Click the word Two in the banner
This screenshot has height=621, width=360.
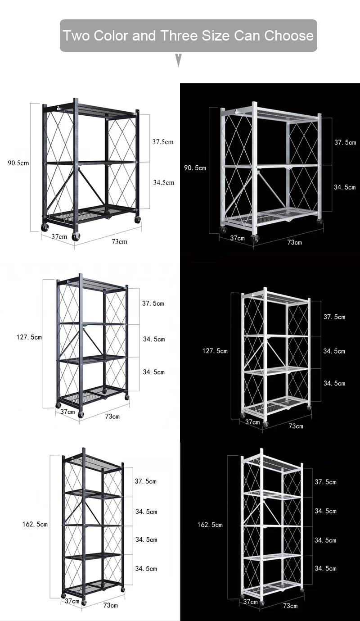(76, 36)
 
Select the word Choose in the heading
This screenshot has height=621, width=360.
(288, 36)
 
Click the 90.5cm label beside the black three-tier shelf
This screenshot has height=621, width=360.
(18, 163)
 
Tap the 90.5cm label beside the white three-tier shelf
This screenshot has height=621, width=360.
(195, 168)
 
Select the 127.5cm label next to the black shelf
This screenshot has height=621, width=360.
(29, 337)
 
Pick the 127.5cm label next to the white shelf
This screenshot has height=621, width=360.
(215, 351)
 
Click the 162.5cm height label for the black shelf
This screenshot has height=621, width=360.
(35, 524)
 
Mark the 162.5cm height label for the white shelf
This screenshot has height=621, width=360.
(210, 525)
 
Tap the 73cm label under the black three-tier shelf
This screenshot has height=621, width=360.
(119, 241)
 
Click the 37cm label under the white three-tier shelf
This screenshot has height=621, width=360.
(237, 238)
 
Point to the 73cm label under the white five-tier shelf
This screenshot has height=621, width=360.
(290, 606)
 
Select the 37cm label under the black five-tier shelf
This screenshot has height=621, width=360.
(72, 601)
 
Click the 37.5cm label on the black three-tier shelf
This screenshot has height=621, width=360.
(162, 142)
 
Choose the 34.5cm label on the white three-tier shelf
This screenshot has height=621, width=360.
(345, 187)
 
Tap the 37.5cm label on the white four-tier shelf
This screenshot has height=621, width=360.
(334, 317)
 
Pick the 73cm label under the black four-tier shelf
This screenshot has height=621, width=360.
(112, 417)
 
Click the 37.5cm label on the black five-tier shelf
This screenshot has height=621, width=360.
(146, 481)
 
